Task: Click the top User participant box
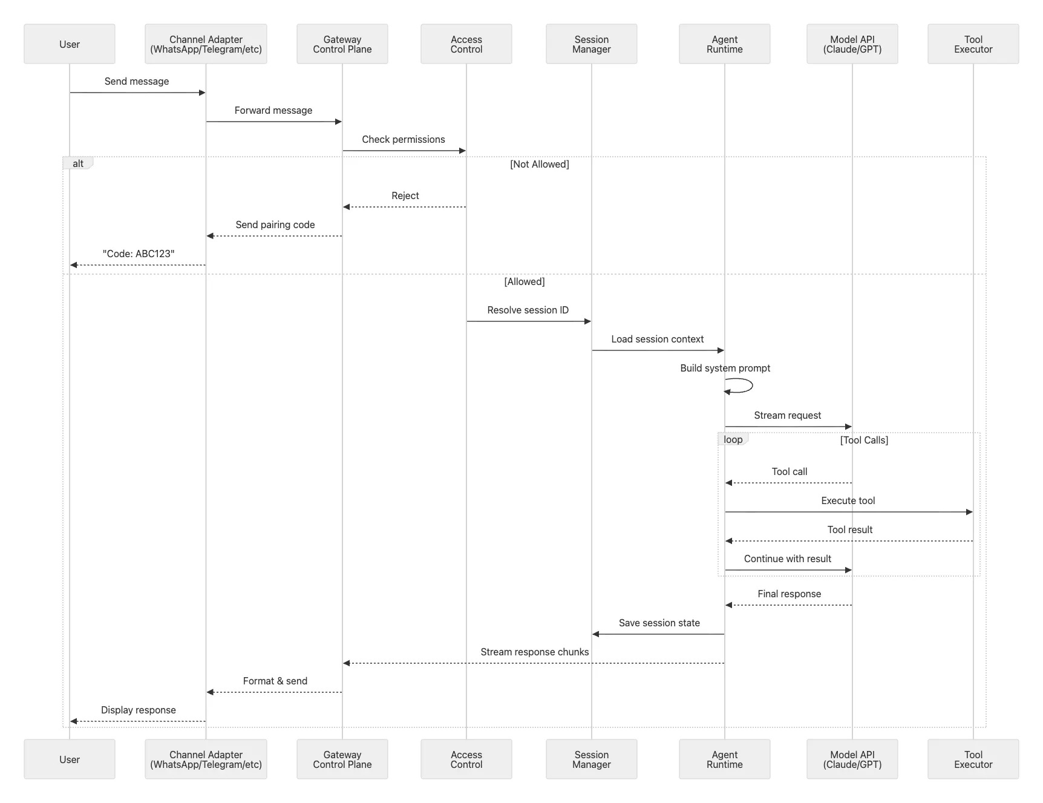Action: tap(70, 44)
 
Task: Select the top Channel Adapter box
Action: tap(206, 44)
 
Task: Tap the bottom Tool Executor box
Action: tap(973, 759)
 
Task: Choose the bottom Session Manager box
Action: tap(591, 759)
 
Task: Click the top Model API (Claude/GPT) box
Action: tap(852, 44)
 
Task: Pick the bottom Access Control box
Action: tap(466, 759)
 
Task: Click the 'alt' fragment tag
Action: tap(78, 163)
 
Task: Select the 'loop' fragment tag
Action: tap(733, 439)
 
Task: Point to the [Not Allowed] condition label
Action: tap(539, 164)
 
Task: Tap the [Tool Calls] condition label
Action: tap(864, 440)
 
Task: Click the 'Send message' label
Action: tap(137, 81)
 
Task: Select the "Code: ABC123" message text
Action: tap(139, 254)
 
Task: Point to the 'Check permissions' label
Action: tap(404, 139)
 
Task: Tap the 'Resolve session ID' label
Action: tap(528, 310)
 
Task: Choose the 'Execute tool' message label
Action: tap(848, 500)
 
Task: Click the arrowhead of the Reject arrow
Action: tap(347, 207)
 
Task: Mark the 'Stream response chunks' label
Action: tap(534, 652)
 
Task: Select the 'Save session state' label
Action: tap(659, 623)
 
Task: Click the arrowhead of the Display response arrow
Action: tap(74, 721)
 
